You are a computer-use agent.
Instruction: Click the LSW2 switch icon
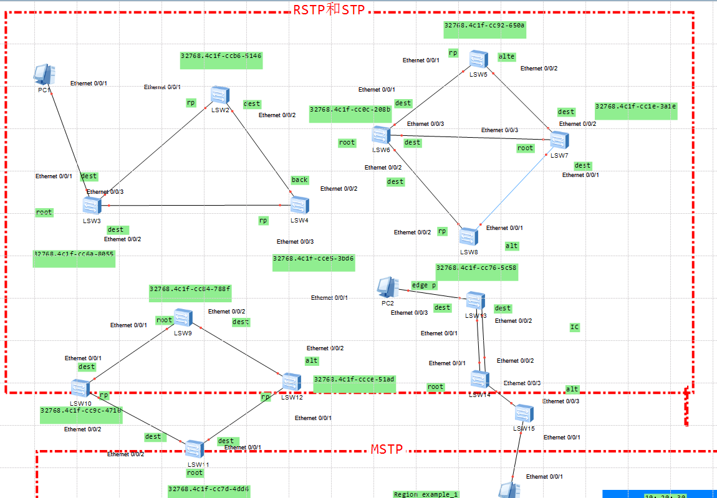[x=219, y=95]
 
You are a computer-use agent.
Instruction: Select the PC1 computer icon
[x=42, y=74]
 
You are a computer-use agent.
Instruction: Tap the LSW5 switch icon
[x=478, y=59]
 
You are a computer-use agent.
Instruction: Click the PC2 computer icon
[x=387, y=287]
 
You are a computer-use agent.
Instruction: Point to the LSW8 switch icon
[x=468, y=236]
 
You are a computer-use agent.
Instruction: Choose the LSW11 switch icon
[x=195, y=449]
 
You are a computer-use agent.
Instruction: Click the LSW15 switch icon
[x=524, y=413]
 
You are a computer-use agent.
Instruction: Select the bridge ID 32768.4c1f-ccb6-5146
[x=221, y=56]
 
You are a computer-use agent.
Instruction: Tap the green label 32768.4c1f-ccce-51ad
[x=354, y=379]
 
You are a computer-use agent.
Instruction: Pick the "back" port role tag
[x=299, y=180]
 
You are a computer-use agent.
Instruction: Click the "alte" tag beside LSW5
[x=506, y=57]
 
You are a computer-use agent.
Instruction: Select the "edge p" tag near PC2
[x=424, y=285]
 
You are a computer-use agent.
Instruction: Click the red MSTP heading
[x=387, y=449]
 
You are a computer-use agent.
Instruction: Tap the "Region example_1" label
[x=426, y=494]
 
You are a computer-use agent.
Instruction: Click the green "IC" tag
[x=574, y=327]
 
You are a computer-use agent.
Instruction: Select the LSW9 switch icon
[x=183, y=318]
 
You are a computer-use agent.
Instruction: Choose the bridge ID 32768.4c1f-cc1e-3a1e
[x=635, y=107]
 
